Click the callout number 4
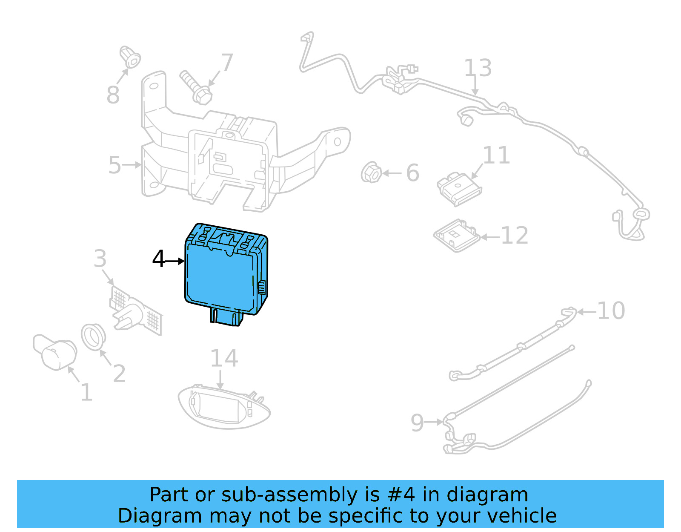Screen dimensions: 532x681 (159, 259)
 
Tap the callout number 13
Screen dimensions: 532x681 (478, 68)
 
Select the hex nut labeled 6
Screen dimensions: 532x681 (371, 173)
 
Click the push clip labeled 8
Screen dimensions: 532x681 (130, 58)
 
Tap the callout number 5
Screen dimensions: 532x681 (114, 165)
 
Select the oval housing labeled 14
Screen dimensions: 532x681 (223, 407)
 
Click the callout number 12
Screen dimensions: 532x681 (515, 236)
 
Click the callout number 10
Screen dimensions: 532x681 (611, 311)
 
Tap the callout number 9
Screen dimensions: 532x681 (417, 423)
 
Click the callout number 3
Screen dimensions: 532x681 (100, 259)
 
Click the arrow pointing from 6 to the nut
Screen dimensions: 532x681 (392, 173)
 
